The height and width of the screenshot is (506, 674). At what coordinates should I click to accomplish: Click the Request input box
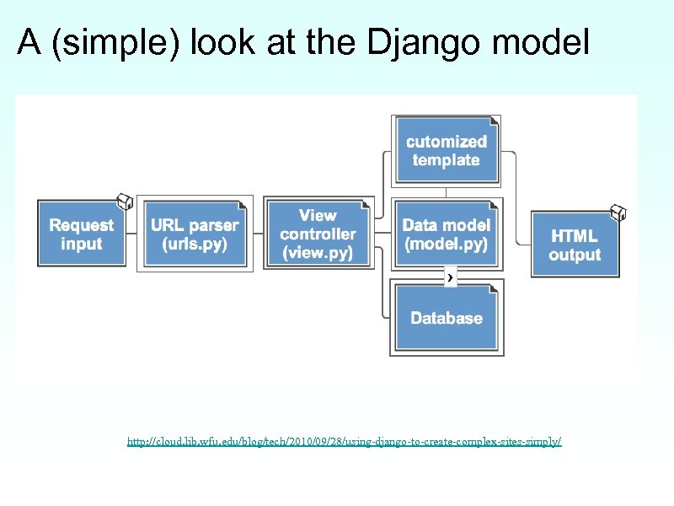tap(81, 234)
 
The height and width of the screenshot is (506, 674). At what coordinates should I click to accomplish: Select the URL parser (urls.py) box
tap(195, 234)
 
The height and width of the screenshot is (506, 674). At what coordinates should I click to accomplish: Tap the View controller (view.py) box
tap(318, 234)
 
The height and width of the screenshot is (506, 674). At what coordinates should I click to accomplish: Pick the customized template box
tap(446, 151)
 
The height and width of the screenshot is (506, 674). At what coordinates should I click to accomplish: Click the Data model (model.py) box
tap(446, 234)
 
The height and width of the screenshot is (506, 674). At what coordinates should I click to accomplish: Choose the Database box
tap(446, 318)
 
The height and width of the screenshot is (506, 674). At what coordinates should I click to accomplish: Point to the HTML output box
tap(575, 245)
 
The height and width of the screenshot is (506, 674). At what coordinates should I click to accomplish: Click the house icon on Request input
tap(124, 201)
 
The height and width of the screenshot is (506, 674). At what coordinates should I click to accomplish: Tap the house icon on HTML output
tap(618, 212)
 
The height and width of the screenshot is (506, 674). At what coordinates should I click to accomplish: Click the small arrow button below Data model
tap(451, 277)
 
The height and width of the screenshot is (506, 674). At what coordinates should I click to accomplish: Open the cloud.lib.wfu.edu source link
tap(344, 441)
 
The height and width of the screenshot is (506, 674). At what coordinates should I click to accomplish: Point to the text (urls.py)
tap(195, 245)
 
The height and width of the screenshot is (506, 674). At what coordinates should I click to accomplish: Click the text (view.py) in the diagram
tap(318, 252)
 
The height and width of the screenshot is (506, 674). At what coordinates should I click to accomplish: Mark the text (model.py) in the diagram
tap(446, 245)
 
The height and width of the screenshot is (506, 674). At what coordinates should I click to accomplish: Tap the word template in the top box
tap(446, 160)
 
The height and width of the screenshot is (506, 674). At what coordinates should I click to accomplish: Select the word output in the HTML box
tap(575, 255)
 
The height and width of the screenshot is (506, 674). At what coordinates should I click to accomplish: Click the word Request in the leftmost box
tap(81, 225)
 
